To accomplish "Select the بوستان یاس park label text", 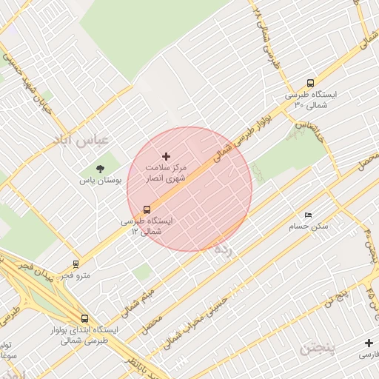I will (x=100, y=181).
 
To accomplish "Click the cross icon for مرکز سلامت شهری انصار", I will (x=166, y=156).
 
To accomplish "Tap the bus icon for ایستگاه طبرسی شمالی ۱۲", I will (x=147, y=209).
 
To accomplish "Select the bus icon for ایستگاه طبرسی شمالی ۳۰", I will (x=310, y=84).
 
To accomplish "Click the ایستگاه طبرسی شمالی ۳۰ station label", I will (x=310, y=101).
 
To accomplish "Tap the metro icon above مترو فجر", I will (x=76, y=264).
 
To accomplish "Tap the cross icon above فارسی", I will (x=369, y=343).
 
